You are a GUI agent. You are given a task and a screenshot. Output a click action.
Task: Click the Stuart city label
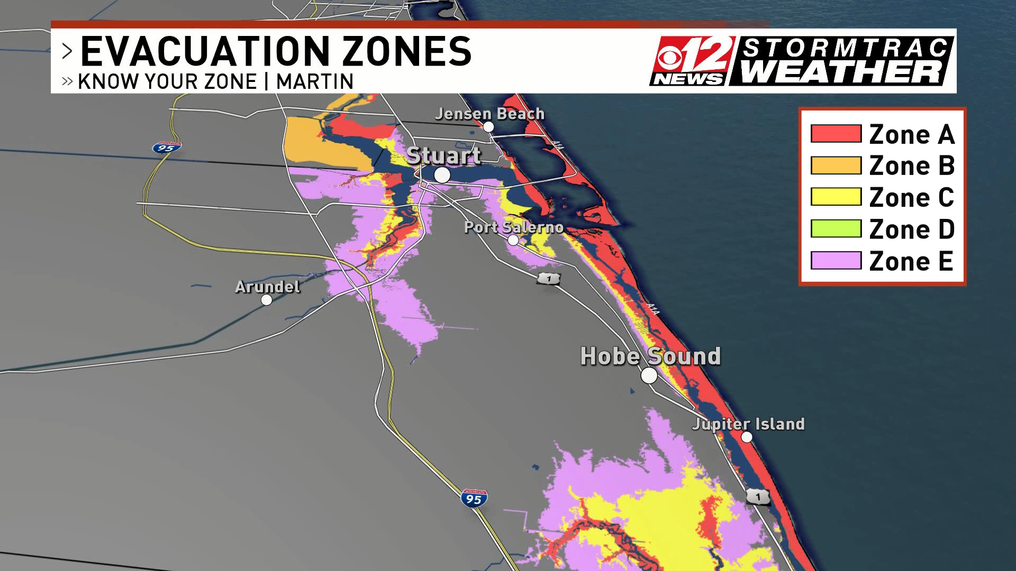(x=443, y=155)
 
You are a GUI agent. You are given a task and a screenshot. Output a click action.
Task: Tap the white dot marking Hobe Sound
(x=649, y=375)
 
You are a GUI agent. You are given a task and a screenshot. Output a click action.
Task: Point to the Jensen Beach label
(x=489, y=114)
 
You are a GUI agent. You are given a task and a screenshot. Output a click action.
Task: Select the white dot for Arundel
(x=267, y=300)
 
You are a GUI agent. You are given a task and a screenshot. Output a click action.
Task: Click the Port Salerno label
(x=513, y=227)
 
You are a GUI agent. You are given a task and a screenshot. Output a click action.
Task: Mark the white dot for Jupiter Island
(x=747, y=437)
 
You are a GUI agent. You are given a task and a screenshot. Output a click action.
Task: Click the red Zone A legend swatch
(x=836, y=134)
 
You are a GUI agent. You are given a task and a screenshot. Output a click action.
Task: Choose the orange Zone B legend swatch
(x=836, y=165)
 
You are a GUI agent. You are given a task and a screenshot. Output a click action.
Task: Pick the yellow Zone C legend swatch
(x=836, y=197)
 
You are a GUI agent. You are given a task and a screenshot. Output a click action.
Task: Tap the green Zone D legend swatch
(x=836, y=229)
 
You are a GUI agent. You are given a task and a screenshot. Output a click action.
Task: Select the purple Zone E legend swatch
(x=836, y=261)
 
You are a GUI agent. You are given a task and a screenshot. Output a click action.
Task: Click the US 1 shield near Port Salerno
(x=549, y=278)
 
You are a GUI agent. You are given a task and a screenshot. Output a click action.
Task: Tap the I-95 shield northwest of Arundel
(x=167, y=148)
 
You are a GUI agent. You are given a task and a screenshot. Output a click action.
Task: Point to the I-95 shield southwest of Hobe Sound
(x=474, y=499)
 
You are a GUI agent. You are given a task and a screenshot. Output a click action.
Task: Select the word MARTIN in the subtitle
(x=315, y=82)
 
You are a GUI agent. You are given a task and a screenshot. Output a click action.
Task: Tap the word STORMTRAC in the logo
(x=845, y=48)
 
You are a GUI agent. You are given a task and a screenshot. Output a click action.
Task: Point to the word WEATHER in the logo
(x=841, y=72)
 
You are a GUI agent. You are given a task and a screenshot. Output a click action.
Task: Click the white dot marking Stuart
(x=442, y=175)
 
